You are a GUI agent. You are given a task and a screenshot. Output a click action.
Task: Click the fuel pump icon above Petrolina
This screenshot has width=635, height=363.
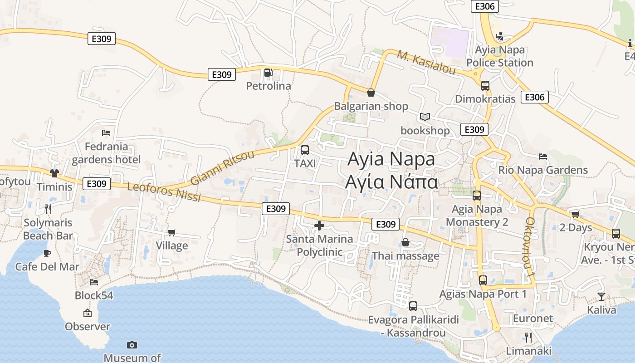click(x=268, y=73)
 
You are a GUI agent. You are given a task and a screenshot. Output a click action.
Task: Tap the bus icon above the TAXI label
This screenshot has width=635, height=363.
click(x=305, y=150)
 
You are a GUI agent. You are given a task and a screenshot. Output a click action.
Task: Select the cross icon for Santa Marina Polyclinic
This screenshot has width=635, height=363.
click(x=319, y=225)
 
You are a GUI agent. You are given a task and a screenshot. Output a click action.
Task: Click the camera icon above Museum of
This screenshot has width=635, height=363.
click(x=132, y=345)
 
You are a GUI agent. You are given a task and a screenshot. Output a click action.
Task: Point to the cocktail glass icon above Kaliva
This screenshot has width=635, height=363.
click(x=601, y=297)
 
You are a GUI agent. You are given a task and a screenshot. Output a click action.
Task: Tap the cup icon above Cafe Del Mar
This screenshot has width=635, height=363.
click(x=47, y=253)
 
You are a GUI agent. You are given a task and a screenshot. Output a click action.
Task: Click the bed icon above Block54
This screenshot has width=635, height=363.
click(x=94, y=282)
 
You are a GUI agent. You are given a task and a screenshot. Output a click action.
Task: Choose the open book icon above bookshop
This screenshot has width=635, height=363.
click(x=425, y=117)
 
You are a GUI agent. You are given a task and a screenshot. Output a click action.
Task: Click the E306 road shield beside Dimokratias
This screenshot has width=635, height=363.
click(x=535, y=97)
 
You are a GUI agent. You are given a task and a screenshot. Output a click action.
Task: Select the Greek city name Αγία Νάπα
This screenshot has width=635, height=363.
click(x=391, y=182)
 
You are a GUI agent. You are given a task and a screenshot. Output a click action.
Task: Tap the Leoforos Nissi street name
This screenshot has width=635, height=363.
click(x=164, y=192)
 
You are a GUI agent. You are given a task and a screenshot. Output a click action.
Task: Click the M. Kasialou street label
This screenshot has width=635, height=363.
click(x=426, y=62)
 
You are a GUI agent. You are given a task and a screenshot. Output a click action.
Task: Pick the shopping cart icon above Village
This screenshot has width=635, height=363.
click(x=171, y=233)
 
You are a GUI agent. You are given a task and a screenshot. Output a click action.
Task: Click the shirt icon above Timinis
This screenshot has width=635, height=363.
click(x=54, y=173)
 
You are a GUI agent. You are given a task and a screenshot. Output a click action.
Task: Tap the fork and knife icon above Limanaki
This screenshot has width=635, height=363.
click(x=528, y=337)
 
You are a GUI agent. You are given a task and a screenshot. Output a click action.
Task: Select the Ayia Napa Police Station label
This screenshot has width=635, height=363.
click(x=500, y=56)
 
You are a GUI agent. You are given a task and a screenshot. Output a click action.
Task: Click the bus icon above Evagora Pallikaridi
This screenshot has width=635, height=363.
click(x=413, y=306)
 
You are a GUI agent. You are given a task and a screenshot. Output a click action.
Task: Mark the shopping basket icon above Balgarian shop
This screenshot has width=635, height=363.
click(x=371, y=93)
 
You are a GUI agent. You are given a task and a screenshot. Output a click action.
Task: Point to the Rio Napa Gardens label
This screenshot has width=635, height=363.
click(x=543, y=170)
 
